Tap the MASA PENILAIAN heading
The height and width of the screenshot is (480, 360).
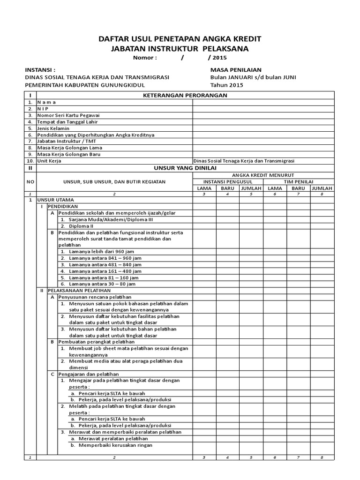click(x=235, y=69)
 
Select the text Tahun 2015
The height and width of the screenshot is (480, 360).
click(x=227, y=85)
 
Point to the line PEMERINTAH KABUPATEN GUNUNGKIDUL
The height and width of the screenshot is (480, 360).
click(x=85, y=85)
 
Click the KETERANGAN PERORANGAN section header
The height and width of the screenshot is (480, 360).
click(x=185, y=95)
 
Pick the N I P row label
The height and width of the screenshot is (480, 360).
click(x=43, y=108)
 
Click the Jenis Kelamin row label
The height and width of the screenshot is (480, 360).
click(x=53, y=128)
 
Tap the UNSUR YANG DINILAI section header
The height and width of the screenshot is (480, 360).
click(x=185, y=167)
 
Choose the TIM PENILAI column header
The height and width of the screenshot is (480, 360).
click(x=299, y=181)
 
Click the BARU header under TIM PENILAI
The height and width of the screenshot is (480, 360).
click(x=299, y=188)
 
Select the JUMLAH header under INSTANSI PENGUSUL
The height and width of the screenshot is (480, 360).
click(x=251, y=188)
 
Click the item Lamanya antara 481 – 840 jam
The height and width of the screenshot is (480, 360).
click(x=105, y=264)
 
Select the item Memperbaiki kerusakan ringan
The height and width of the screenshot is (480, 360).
click(x=112, y=445)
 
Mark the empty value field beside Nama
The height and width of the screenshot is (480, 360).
click(x=263, y=102)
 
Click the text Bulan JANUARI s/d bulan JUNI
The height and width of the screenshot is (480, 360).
click(x=253, y=77)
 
